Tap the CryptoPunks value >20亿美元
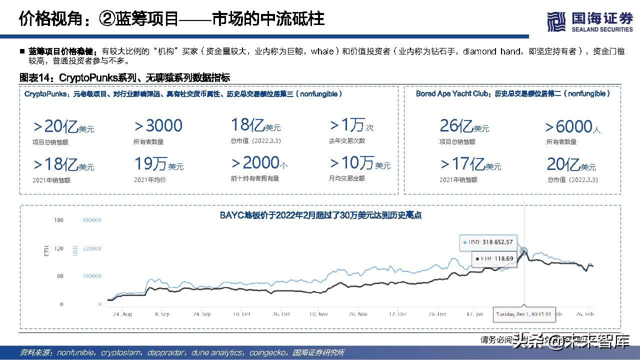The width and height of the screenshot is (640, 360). tap(63, 126)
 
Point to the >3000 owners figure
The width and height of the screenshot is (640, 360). tap(158, 126)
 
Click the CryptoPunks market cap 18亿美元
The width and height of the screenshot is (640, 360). tap(255, 125)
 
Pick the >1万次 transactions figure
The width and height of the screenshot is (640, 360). tap(351, 125)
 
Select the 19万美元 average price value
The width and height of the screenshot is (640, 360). tap(159, 164)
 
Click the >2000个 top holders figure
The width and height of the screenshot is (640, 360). tap(259, 163)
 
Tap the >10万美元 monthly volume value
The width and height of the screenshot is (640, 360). tap(359, 163)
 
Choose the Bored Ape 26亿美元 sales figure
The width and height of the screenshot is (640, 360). tap(464, 126)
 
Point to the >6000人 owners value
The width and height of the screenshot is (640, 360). tap(573, 127)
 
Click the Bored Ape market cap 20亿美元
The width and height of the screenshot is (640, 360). tap(571, 164)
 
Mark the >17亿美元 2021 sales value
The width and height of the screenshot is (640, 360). tap(470, 164)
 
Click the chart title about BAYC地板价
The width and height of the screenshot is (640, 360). tap(320, 215)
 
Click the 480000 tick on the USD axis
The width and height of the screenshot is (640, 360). tap(91, 220)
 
